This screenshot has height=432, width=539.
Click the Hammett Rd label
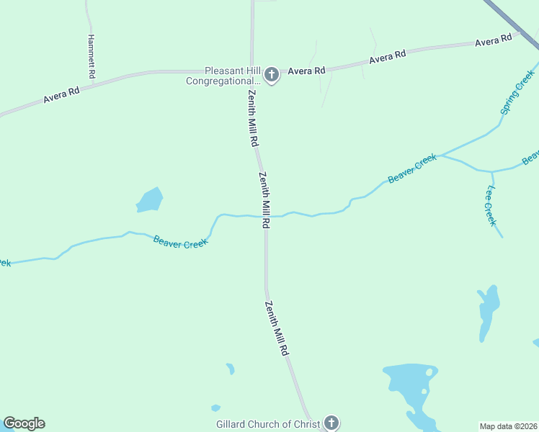[x=92, y=57]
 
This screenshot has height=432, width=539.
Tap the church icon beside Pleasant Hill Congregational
[x=272, y=74]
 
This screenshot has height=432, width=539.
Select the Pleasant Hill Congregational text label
[x=224, y=76]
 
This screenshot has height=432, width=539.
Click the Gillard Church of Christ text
[x=267, y=424]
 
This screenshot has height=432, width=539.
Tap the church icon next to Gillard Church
[x=331, y=423]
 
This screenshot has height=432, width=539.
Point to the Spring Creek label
[x=518, y=92]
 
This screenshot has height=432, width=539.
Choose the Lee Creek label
[x=491, y=205]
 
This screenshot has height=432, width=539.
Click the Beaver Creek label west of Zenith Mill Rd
[x=181, y=243]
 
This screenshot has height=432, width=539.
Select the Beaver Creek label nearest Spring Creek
[x=412, y=168]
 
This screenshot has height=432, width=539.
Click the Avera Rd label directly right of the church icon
[x=307, y=71]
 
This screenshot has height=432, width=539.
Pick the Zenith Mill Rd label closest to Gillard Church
[x=276, y=329]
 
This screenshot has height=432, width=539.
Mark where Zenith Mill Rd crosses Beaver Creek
[x=266, y=216]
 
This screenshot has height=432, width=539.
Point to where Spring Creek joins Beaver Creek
[x=442, y=155]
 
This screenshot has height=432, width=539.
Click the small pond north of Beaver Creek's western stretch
[x=149, y=200]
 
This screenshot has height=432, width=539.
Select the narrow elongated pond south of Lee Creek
[x=488, y=310]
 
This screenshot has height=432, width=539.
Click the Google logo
[x=24, y=423]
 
